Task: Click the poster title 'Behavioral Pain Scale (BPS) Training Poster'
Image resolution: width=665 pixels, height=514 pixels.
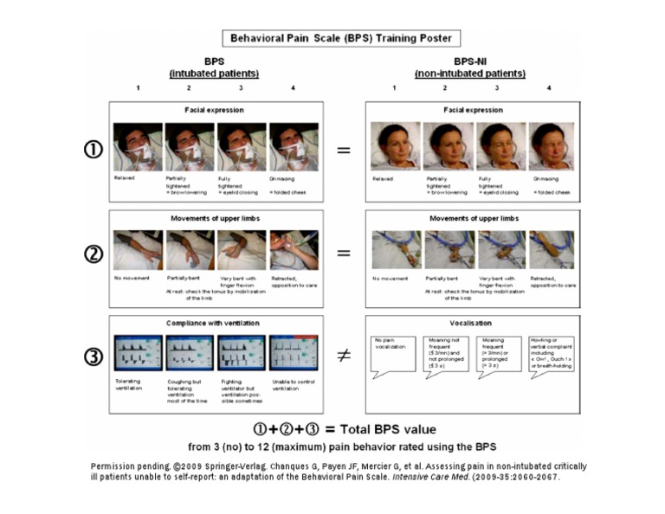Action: coord(340,38)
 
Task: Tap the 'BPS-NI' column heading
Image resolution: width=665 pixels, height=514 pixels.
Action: coord(469,63)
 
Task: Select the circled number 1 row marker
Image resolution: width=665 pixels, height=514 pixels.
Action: coord(94,150)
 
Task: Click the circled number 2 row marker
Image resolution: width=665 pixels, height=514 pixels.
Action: coord(94,254)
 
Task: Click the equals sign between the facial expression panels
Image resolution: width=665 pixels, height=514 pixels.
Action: coord(344,150)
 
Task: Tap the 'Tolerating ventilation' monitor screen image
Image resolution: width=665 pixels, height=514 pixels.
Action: coord(138,353)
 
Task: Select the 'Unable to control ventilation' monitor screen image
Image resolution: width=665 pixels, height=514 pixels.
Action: coord(294,353)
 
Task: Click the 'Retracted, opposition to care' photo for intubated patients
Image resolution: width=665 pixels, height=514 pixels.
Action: coord(294,250)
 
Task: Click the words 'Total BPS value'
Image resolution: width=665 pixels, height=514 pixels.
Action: coord(387,428)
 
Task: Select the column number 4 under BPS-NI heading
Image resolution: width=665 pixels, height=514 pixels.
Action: coord(548,87)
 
